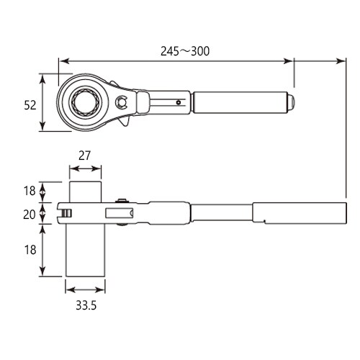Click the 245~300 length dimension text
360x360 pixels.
pos(185,51)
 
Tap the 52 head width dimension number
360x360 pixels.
pos(30,105)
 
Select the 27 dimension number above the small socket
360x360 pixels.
pos(84,156)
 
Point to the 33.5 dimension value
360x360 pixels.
pos(86,305)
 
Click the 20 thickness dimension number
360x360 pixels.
pos(30,215)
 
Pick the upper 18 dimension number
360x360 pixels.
pos(30,191)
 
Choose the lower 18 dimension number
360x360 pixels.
pos(30,250)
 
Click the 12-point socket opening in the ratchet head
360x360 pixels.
pos(85,103)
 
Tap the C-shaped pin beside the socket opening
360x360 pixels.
pos(121,102)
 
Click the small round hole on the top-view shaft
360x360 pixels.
pos(178,102)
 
